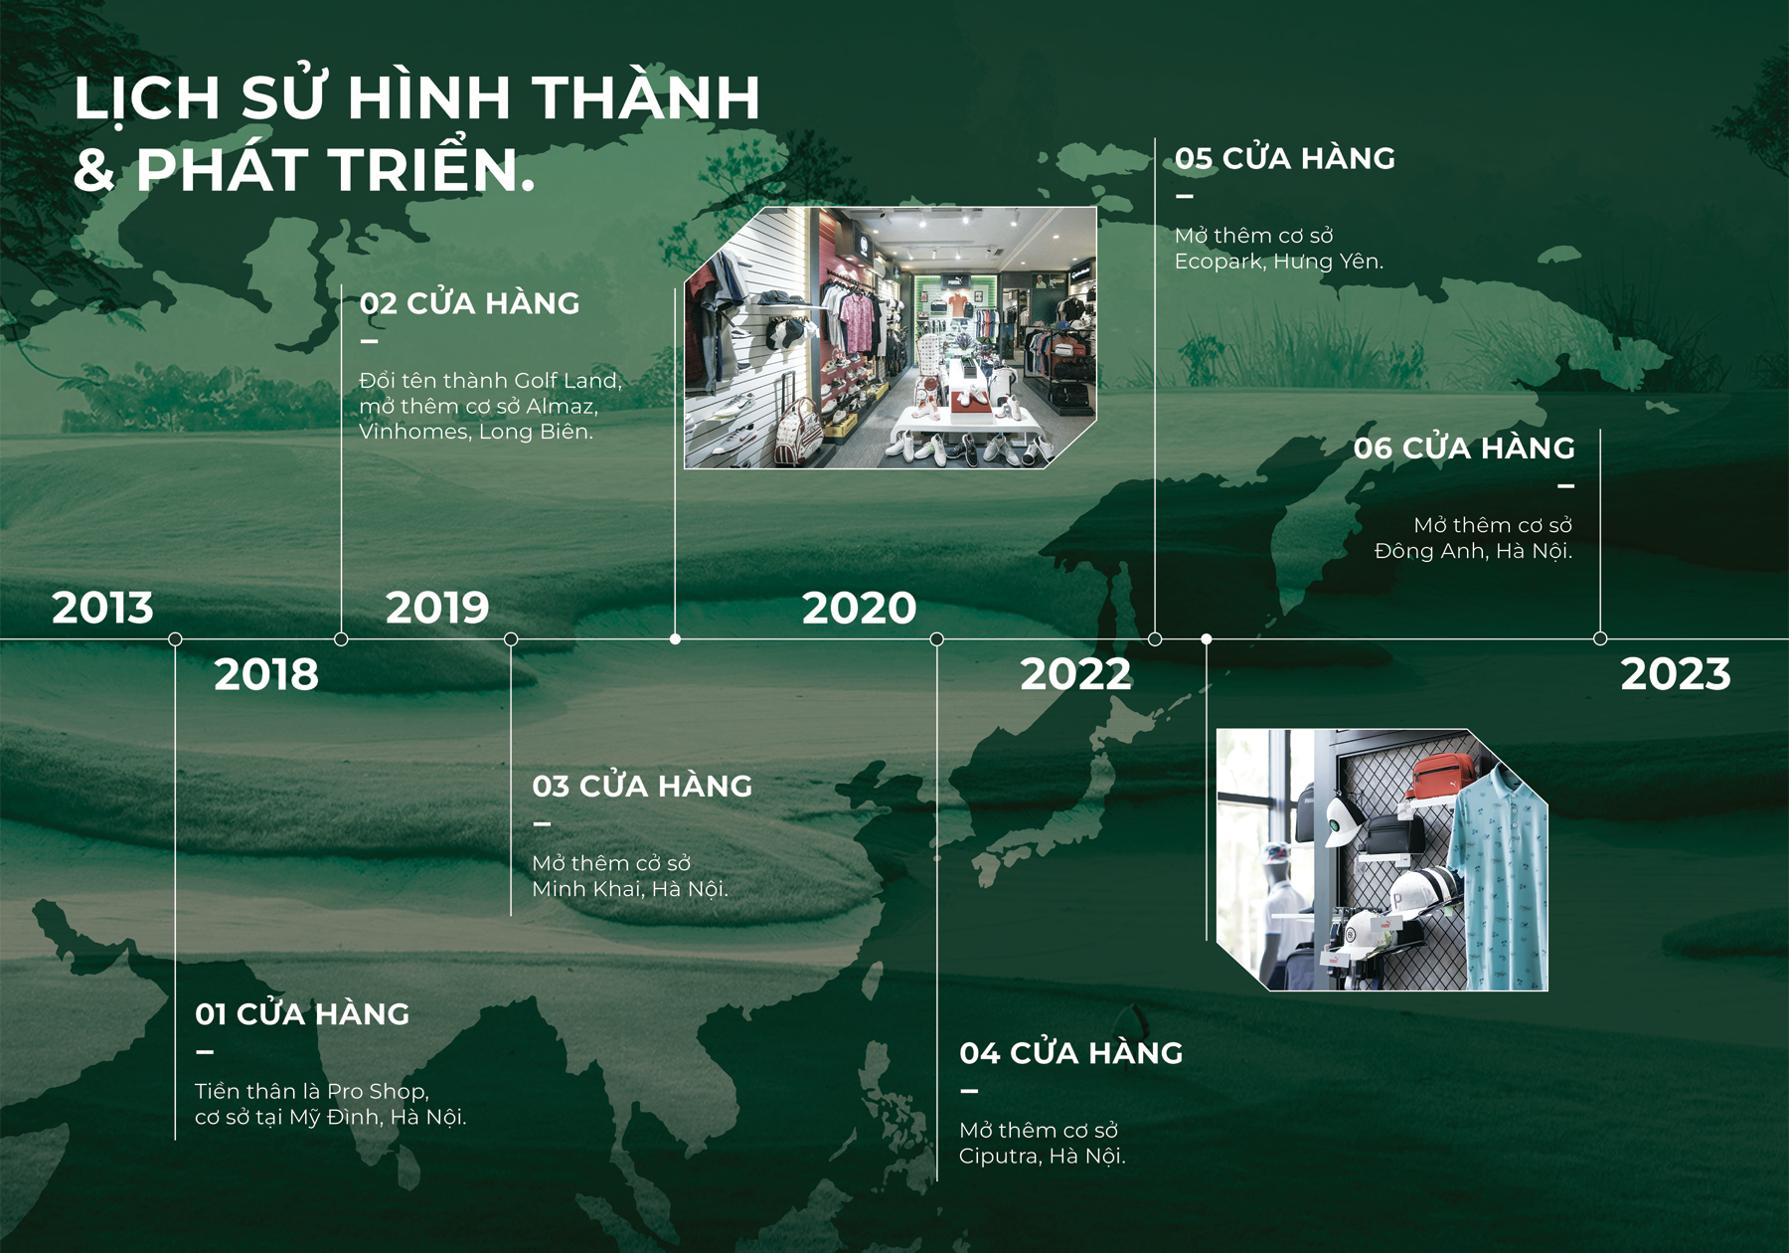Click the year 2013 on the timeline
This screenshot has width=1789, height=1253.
pyautogui.click(x=102, y=608)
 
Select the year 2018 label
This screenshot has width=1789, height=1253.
pyautogui.click(x=266, y=674)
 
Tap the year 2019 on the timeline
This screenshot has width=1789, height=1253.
pyautogui.click(x=437, y=608)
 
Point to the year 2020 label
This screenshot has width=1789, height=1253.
pyautogui.click(x=859, y=608)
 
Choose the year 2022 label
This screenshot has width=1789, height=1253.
pyautogui.click(x=1075, y=674)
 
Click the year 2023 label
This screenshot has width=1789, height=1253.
pyautogui.click(x=1676, y=674)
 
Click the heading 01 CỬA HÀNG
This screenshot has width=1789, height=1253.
pyautogui.click(x=302, y=1013)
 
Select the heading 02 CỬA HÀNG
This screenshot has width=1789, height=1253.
pyautogui.click(x=469, y=302)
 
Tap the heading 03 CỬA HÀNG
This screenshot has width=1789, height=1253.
pyautogui.click(x=642, y=786)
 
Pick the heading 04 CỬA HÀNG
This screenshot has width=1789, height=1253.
pyautogui.click(x=1071, y=1052)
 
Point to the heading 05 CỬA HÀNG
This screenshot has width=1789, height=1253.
pyautogui.click(x=1285, y=157)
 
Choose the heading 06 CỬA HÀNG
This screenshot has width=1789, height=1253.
pyautogui.click(x=1464, y=447)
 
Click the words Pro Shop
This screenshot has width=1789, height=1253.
pyautogui.click(x=378, y=1092)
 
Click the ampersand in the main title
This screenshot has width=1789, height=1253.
pyautogui.click(x=94, y=170)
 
